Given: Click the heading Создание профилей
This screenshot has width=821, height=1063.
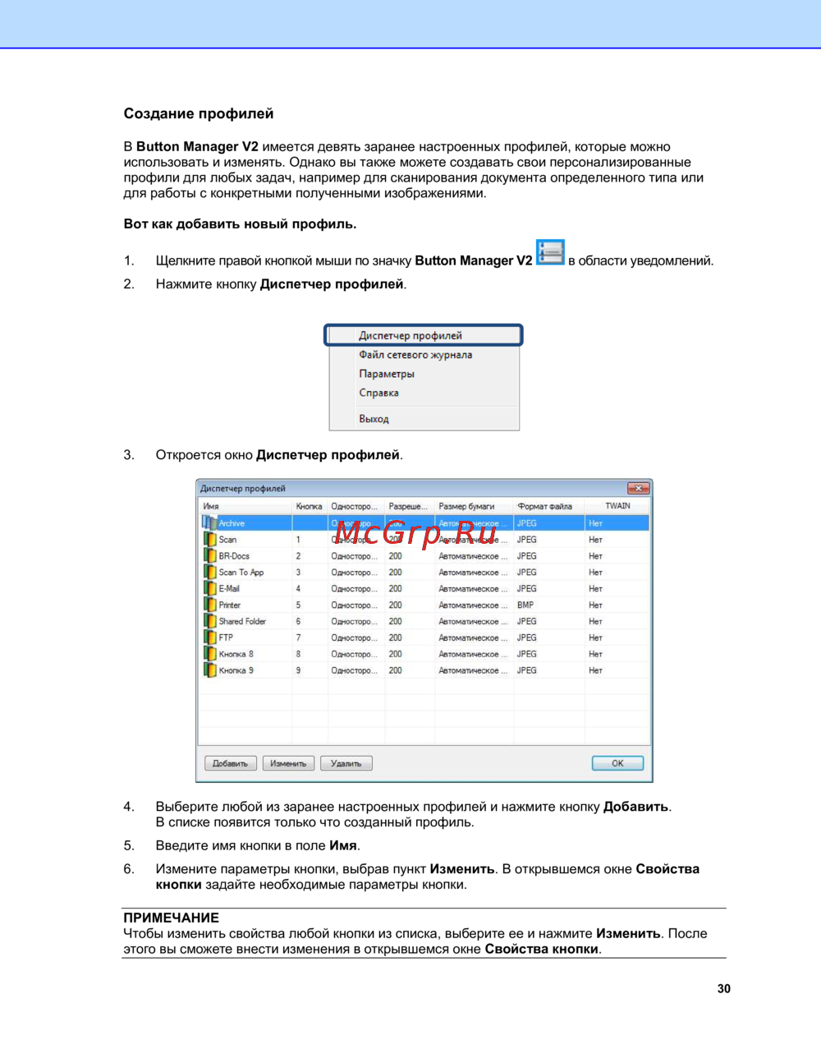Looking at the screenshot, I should (x=199, y=113).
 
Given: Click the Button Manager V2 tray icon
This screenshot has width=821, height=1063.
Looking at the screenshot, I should (x=550, y=252).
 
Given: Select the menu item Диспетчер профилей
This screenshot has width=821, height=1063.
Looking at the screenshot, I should (x=410, y=335).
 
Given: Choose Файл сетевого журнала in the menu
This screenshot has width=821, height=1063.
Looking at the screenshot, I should (x=415, y=355).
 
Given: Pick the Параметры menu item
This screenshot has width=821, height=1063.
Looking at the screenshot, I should (x=387, y=374).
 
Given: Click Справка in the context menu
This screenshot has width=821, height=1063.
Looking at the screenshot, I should (x=378, y=393).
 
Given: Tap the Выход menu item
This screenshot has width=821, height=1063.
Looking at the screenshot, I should (x=374, y=419).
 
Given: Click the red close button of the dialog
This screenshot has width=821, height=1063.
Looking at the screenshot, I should (x=638, y=488).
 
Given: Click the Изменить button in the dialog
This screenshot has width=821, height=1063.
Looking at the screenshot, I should (x=288, y=763).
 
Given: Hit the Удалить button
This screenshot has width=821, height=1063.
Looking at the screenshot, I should (x=346, y=763).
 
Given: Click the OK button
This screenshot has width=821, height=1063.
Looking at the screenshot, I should (x=617, y=763).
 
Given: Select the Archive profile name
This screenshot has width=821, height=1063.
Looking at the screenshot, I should (x=232, y=523).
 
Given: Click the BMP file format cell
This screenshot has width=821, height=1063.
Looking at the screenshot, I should (x=525, y=605).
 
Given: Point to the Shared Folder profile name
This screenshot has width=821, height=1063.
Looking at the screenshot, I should (x=242, y=621).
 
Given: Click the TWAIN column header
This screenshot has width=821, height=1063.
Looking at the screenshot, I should (x=617, y=506).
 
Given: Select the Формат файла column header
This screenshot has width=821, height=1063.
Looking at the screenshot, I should (x=545, y=506).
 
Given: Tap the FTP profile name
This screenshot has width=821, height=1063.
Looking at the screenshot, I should (x=226, y=637).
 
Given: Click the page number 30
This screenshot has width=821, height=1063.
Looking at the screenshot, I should (x=723, y=988).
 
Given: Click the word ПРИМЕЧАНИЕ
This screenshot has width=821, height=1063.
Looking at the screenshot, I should (x=171, y=918).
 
